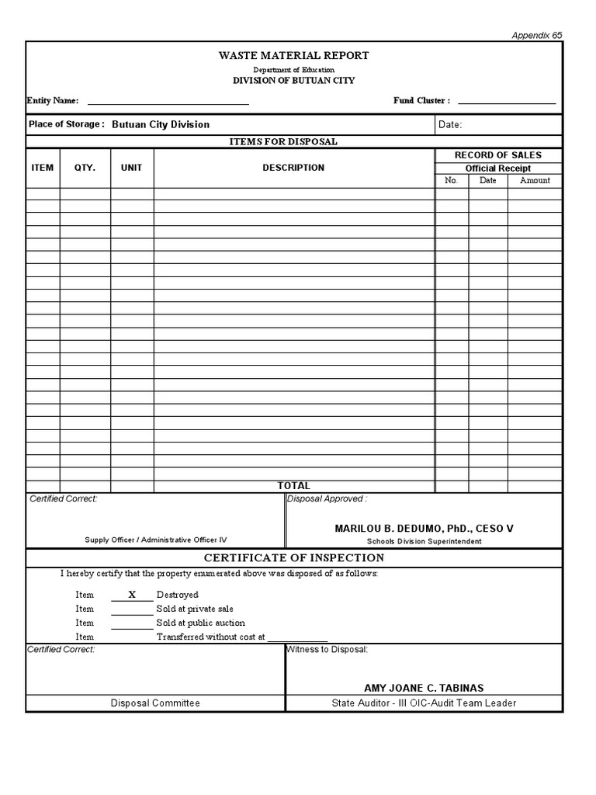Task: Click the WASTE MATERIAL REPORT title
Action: pyautogui.click(x=293, y=56)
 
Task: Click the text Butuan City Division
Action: pyautogui.click(x=161, y=124)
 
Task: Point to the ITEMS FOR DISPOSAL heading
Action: pyautogui.click(x=282, y=141)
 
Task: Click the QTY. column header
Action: pyautogui.click(x=85, y=168)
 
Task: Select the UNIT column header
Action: pyautogui.click(x=131, y=168)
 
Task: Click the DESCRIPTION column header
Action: pyautogui.click(x=293, y=168)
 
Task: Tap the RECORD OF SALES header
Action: pyautogui.click(x=497, y=155)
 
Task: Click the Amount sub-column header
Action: pyautogui.click(x=535, y=180)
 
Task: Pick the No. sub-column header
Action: pyautogui.click(x=452, y=180)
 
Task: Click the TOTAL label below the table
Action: pyautogui.click(x=293, y=486)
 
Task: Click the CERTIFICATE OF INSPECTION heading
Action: pyautogui.click(x=293, y=558)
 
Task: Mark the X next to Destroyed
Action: pyautogui.click(x=132, y=595)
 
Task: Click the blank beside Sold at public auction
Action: pyautogui.click(x=132, y=623)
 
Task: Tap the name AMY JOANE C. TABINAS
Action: pyautogui.click(x=424, y=689)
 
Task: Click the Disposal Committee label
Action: pyautogui.click(x=154, y=703)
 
